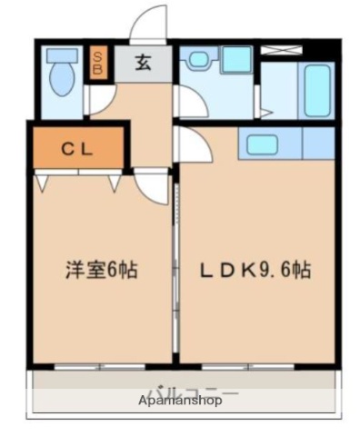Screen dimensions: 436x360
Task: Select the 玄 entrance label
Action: [145, 63]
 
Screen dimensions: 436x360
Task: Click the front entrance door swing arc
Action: [150, 25]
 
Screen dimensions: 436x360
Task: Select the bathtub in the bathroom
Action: [317, 89]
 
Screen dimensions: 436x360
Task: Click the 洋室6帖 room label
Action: [101, 270]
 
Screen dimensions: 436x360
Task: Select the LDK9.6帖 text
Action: [257, 270]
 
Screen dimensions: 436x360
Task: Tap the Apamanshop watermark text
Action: [180, 400]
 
